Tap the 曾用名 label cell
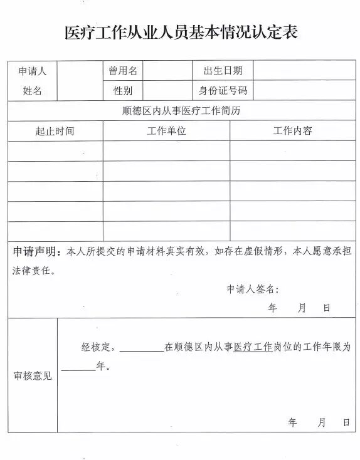123,71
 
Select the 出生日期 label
223,71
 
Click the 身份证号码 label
223,91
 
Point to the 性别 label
123,91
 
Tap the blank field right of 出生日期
304,71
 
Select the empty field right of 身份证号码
304,91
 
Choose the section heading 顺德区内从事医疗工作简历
182,111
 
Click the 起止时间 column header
55,131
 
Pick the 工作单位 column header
166,131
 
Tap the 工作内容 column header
292,131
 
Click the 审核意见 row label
33,376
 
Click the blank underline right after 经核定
141,347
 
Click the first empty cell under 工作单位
166,151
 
